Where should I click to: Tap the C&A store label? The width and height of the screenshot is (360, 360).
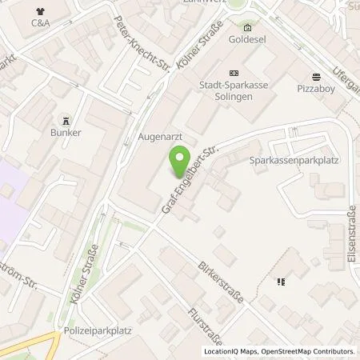click(x=41, y=24)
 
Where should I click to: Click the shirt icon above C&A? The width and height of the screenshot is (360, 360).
click(x=41, y=10)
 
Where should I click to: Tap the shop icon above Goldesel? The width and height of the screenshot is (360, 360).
click(x=247, y=26)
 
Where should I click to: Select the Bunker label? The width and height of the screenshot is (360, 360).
click(x=66, y=132)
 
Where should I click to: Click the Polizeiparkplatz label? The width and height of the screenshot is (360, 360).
click(x=98, y=329)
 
